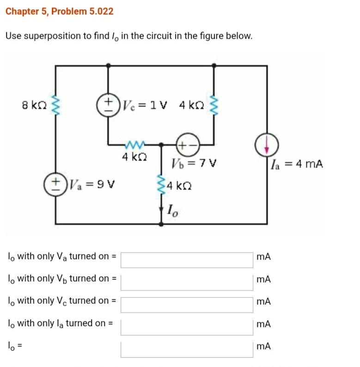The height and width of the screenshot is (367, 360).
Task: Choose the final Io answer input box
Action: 187,349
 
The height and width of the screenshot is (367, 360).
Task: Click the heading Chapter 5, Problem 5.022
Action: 60,12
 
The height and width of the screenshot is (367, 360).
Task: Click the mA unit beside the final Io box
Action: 264,346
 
